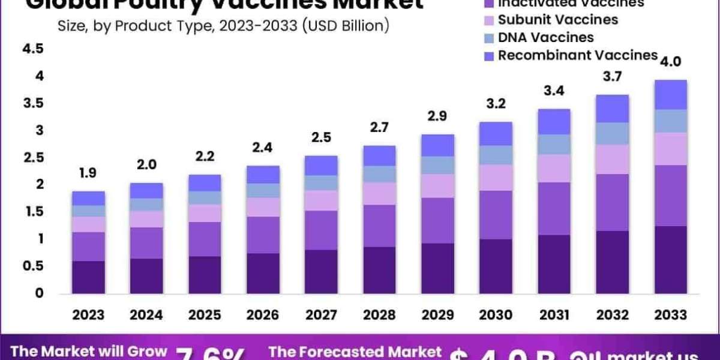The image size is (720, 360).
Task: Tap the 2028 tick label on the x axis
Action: [x=380, y=315]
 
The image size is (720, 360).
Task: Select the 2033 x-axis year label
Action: [x=671, y=315]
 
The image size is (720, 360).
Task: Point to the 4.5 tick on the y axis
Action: [x=32, y=49]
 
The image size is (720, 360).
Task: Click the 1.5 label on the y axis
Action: [x=32, y=211]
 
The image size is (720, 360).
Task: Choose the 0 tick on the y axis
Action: [x=39, y=293]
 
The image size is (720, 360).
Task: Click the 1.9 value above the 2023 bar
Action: [x=88, y=173]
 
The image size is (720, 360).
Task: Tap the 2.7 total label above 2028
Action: [x=380, y=128]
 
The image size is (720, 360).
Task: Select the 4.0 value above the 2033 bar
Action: [x=671, y=62]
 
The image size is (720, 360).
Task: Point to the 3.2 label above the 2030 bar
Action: [x=496, y=103]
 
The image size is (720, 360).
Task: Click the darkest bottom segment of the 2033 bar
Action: [x=671, y=260]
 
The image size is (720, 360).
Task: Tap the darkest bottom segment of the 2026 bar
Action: [x=263, y=274]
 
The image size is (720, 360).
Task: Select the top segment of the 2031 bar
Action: [x=554, y=122]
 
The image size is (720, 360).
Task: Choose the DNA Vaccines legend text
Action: [x=546, y=37]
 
